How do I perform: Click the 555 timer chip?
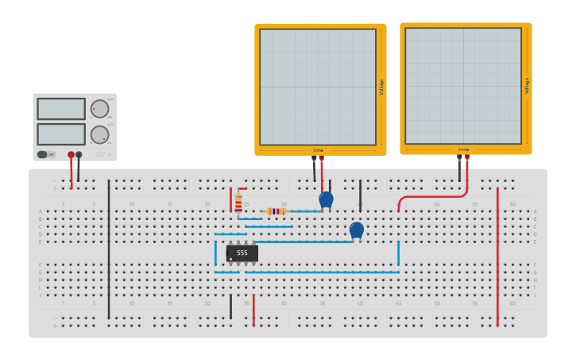click(242, 253)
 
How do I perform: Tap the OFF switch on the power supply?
click(46, 154)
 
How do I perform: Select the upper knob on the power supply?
click(99, 109)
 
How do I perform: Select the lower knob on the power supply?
click(99, 134)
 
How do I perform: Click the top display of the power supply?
click(61, 109)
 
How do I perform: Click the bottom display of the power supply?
click(61, 134)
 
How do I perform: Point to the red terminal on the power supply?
click(71, 155)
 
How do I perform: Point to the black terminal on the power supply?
click(79, 155)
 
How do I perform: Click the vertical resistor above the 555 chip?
click(238, 204)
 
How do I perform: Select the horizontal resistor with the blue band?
click(276, 211)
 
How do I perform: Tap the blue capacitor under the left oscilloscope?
click(326, 199)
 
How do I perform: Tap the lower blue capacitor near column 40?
click(357, 230)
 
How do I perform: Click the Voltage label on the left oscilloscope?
click(381, 87)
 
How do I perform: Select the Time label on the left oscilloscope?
click(318, 149)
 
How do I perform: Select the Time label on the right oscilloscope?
click(463, 149)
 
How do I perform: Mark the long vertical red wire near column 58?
click(497, 254)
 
